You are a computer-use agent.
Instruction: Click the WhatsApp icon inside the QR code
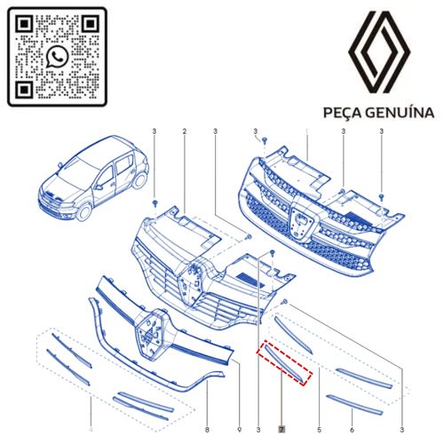point(57,57)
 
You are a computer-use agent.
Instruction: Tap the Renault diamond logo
point(379,52)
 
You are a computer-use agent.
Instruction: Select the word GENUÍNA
point(400,113)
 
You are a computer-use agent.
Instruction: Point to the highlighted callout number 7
point(281,429)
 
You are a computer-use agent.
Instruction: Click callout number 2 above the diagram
point(185,131)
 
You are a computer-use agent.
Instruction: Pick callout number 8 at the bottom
point(207,429)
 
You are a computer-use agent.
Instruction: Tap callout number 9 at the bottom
point(239,429)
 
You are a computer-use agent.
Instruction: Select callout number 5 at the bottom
point(319,429)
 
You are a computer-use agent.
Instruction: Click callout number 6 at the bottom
point(352,429)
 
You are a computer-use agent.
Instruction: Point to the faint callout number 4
point(91,429)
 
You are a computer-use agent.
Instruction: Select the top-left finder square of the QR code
point(24,24)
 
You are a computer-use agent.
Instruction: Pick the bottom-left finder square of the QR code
point(24,90)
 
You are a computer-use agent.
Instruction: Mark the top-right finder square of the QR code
point(90,24)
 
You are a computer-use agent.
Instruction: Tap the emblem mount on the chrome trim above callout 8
point(151,335)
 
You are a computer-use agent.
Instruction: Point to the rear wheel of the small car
point(139,179)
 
